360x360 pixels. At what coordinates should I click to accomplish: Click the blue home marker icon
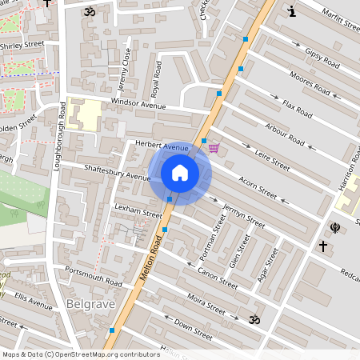[x=180, y=173]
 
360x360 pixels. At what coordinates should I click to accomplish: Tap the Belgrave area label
[x=92, y=305]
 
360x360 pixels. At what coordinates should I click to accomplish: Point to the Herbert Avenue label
[x=162, y=146]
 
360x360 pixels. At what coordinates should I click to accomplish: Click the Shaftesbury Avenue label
[x=117, y=172]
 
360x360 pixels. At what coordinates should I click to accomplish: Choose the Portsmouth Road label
[x=94, y=276]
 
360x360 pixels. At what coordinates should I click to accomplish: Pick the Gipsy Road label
[x=322, y=57]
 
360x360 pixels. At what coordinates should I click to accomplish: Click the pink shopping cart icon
[x=214, y=147]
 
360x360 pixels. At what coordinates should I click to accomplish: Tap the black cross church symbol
[x=322, y=247]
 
